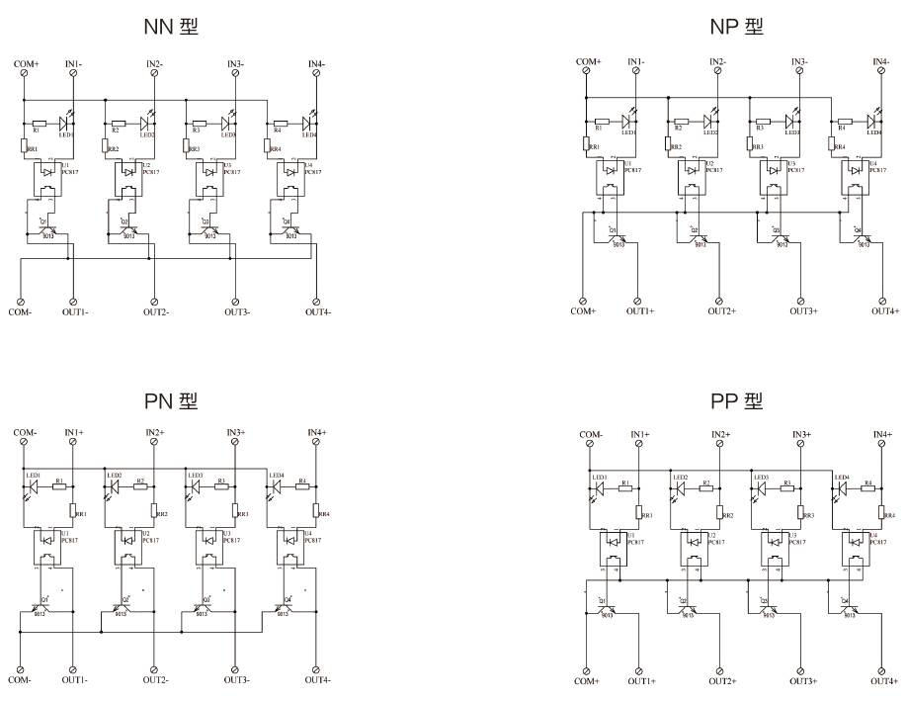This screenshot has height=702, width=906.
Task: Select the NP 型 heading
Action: pos(737,27)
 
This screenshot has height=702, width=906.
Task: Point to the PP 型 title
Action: pos(737,400)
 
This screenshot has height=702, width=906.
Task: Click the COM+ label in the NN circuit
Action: pos(26,64)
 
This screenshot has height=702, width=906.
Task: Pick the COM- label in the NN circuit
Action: pos(21,312)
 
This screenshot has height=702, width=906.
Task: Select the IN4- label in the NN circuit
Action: pos(317,64)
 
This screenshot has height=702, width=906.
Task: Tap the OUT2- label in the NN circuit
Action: pos(155,312)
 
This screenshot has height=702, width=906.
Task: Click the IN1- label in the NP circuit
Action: pos(638,62)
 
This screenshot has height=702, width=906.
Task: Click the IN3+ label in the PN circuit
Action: pos(236,433)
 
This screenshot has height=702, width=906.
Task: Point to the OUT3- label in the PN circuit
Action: pos(236,679)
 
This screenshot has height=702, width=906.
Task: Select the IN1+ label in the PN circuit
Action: pos(74,433)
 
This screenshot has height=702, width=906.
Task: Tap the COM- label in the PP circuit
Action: pos(591,434)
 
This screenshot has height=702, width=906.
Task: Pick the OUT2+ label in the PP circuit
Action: pos(721,681)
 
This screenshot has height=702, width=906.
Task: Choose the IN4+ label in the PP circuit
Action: pos(882,434)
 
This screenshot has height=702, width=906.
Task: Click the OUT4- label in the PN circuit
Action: pos(317,679)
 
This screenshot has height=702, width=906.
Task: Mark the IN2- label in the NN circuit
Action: pos(155,64)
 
